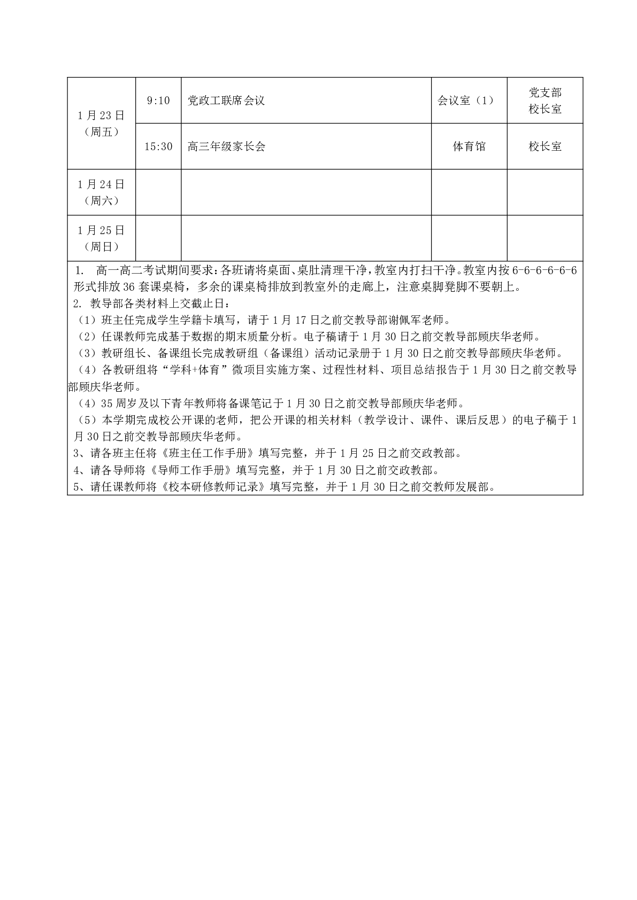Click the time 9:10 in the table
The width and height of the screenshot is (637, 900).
coord(158,100)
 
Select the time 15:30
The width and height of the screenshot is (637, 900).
coord(158,146)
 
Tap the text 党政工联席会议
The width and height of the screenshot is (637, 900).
coord(226,100)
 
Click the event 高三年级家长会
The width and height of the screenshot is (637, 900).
coord(226,146)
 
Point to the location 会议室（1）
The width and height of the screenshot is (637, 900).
coord(466,100)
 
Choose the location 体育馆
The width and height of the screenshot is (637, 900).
coord(469,146)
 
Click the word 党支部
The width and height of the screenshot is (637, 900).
coord(545,92)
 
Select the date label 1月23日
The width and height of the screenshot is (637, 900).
coord(101,115)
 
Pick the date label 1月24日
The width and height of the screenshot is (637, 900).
coord(101,184)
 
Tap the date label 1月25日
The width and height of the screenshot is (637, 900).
coord(101,230)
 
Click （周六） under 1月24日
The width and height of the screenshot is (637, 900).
coord(101,201)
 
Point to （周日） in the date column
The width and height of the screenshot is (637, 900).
coord(101,247)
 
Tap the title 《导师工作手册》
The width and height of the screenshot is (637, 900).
coord(191,470)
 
